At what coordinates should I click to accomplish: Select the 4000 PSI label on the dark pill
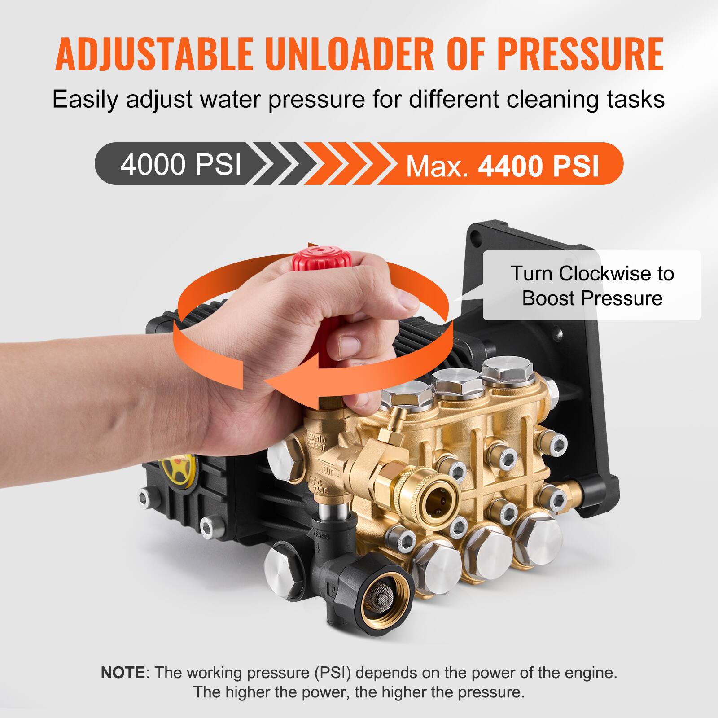pos(180,164)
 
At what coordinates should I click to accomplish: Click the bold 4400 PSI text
pos(538,166)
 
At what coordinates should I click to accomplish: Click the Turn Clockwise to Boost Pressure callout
pos(591,285)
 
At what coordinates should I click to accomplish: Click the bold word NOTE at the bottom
pos(123,673)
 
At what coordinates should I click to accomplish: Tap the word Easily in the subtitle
pos(85,99)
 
